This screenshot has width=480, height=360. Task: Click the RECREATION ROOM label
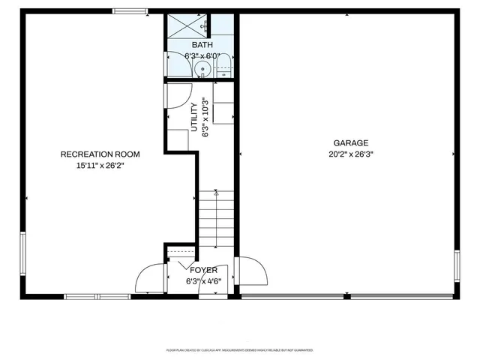100,154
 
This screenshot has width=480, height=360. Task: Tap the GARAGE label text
350,142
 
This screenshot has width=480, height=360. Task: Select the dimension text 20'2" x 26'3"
350,154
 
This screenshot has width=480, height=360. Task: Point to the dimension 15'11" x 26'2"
100,166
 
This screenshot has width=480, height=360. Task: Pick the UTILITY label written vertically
193,118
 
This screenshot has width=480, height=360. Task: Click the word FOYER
203,270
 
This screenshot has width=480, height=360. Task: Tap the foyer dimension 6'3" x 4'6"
203,281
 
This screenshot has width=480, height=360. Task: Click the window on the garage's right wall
456,266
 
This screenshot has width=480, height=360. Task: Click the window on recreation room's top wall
130,10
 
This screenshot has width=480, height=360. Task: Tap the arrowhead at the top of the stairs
217,193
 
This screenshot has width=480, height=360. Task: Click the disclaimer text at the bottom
240,350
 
